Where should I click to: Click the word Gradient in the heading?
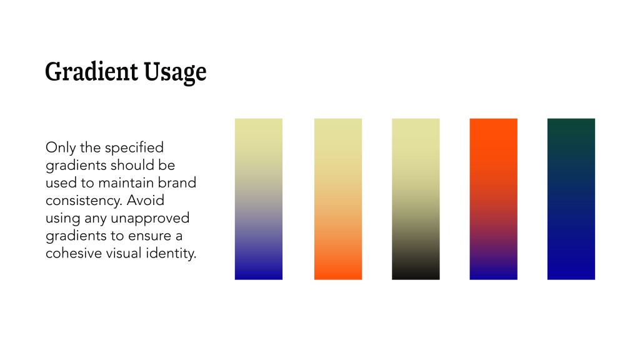coord(91,71)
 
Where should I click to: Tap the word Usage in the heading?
coord(175,72)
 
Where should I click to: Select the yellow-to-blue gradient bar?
coord(258,199)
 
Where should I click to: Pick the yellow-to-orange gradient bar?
coord(338,199)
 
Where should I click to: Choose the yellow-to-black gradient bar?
coord(416,199)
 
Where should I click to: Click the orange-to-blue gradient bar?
coord(494,199)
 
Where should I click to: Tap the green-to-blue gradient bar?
coord(571,199)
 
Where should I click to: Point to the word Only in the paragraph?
coord(61,147)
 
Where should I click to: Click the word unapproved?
coord(150,219)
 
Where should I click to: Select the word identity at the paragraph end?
coord(171,254)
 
